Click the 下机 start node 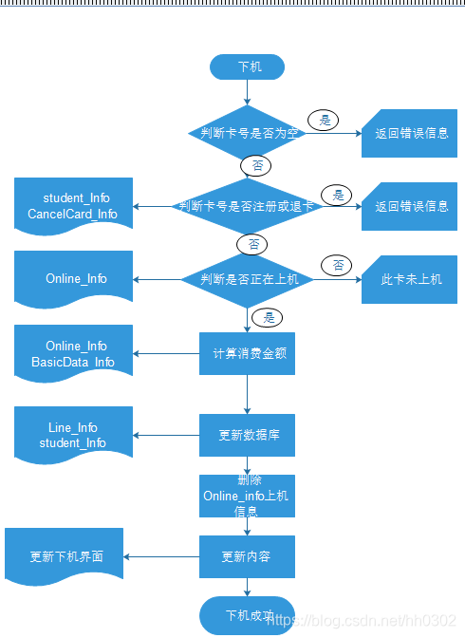point(247,67)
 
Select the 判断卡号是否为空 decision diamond point(248,133)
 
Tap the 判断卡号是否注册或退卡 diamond point(248,205)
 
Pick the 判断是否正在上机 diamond point(248,279)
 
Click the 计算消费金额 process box point(247,353)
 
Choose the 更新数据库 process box point(247,435)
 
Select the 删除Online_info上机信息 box point(247,496)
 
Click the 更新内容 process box point(247,556)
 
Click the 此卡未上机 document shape point(409,279)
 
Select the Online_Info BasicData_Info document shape point(73,353)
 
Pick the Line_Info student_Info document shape point(73,435)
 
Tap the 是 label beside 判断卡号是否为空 point(325,120)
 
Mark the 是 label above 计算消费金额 point(269,318)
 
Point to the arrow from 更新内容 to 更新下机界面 point(161,556)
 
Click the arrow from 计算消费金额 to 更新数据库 point(247,394)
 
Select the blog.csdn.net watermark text point(364,620)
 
